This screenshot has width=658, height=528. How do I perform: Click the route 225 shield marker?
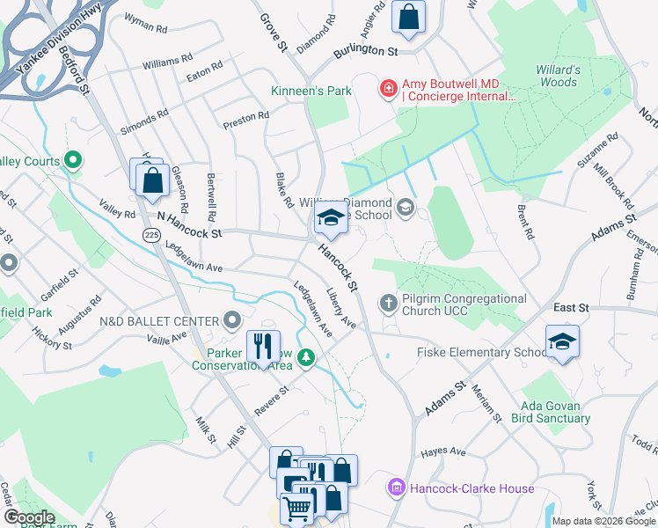click(x=150, y=234)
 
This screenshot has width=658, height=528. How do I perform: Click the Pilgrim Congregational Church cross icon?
click(x=388, y=304)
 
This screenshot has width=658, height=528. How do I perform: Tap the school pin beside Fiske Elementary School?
click(x=562, y=341)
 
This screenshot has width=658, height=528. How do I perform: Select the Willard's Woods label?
click(x=558, y=76)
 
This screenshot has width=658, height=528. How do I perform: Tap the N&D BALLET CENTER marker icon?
click(x=232, y=319)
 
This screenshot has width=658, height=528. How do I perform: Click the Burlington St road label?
click(x=365, y=52)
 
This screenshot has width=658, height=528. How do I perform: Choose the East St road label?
click(x=570, y=307)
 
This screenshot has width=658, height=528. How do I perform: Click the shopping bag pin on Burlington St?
click(x=409, y=18)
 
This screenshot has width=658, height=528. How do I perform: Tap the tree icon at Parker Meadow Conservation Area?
click(x=306, y=357)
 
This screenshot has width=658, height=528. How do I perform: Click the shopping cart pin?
click(x=296, y=508)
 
